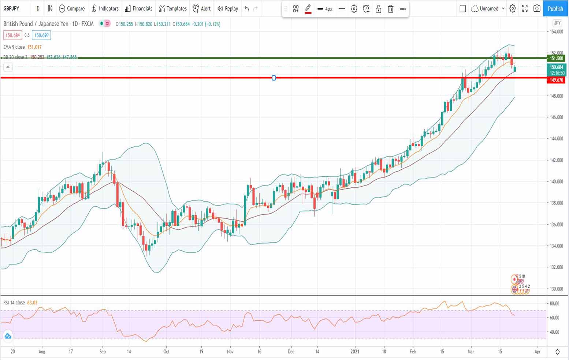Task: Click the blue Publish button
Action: pyautogui.click(x=555, y=8)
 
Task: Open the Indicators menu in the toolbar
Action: pyautogui.click(x=105, y=8)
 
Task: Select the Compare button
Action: pyautogui.click(x=72, y=8)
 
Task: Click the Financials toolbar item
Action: pyautogui.click(x=138, y=8)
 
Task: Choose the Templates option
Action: pyautogui.click(x=172, y=8)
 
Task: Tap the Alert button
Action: pyautogui.click(x=202, y=8)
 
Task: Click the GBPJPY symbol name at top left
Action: pyautogui.click(x=11, y=8)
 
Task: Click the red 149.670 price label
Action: pyautogui.click(x=556, y=80)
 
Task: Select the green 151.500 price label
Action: pyautogui.click(x=556, y=58)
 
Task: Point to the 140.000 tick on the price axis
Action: pyautogui.click(x=556, y=181)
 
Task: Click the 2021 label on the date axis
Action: pyautogui.click(x=355, y=352)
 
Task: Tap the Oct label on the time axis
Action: pyautogui.click(x=166, y=352)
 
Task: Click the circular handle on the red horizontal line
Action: pyautogui.click(x=274, y=78)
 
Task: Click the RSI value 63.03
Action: pyautogui.click(x=32, y=303)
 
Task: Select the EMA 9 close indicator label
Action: pyautogui.click(x=14, y=47)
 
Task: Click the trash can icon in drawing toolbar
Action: pyautogui.click(x=391, y=9)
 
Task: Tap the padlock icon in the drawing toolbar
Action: pyautogui.click(x=378, y=9)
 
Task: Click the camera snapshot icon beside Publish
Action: pyautogui.click(x=537, y=8)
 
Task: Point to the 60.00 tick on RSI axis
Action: pyautogui.click(x=554, y=318)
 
